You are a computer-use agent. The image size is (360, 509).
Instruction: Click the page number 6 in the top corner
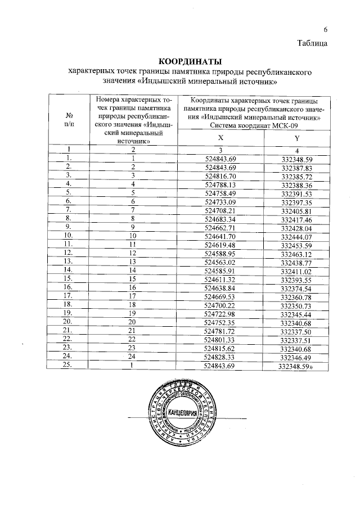tap(325, 30)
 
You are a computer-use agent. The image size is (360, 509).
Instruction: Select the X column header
tap(220, 138)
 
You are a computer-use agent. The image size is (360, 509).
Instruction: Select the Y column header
tap(296, 138)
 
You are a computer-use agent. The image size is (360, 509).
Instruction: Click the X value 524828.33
tap(220, 357)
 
